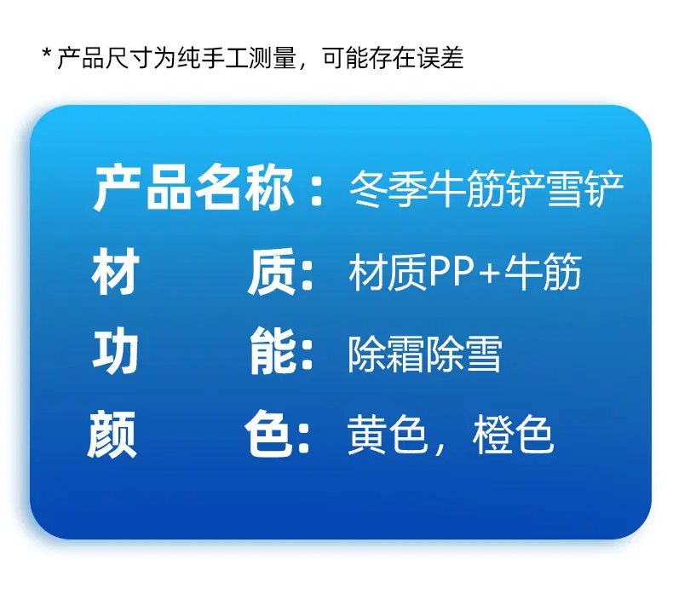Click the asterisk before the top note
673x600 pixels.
click(47, 54)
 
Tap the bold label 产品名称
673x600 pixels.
click(194, 188)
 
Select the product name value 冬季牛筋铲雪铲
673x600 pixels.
click(486, 189)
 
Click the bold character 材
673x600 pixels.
click(116, 271)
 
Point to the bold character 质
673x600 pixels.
click(272, 271)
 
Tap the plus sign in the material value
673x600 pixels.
click(490, 272)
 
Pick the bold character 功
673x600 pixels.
click(116, 351)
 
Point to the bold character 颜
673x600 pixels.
click(112, 434)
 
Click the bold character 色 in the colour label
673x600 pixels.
click(269, 434)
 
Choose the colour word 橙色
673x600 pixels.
click(513, 434)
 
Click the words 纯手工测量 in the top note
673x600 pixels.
click(237, 58)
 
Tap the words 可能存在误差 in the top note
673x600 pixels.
click(394, 58)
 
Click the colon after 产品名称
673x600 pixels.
click(316, 193)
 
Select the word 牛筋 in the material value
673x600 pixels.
click(543, 271)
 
